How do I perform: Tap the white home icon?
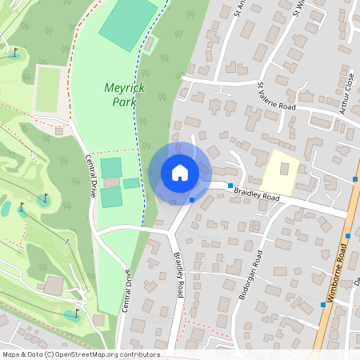180,173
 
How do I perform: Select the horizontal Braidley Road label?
258,193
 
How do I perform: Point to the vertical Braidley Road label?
179,277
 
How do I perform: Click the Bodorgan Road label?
249,276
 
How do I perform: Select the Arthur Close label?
346,96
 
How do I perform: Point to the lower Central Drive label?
126,290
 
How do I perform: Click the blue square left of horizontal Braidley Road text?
230,186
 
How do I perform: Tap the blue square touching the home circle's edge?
193,199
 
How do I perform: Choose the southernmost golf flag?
77,313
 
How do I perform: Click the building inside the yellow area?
284,170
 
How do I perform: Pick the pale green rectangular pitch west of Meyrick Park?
48,89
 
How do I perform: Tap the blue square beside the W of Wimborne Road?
322,304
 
